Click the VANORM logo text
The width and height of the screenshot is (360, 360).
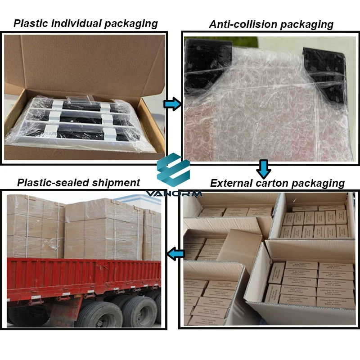tap(174, 193)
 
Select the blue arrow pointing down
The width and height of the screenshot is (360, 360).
tap(264, 169)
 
